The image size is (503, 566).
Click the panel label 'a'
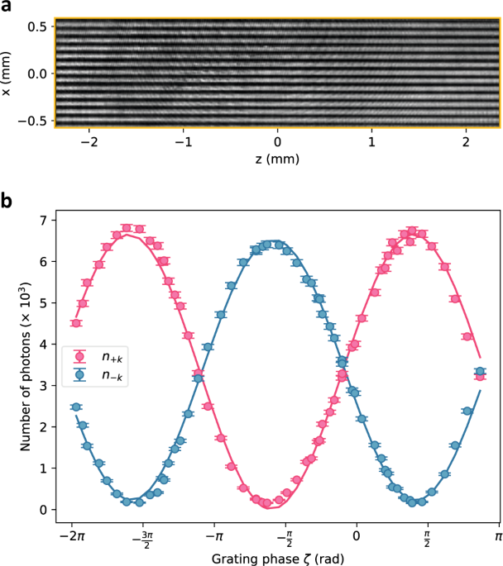6,7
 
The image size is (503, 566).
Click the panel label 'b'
7,201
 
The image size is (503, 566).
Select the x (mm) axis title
8,74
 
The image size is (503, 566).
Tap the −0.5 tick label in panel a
35,120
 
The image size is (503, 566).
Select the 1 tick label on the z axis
371,140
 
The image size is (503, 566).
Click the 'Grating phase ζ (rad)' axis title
277,558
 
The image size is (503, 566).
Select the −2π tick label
71,537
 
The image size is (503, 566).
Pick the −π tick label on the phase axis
213,537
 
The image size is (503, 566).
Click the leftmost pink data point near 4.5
75,323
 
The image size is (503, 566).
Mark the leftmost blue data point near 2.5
75,407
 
